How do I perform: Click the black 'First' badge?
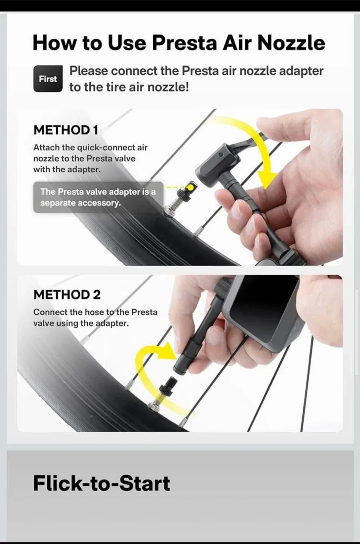(x=48, y=79)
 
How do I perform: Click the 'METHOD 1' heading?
(x=66, y=130)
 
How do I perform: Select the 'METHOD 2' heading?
(x=67, y=295)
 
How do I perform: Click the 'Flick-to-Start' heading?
(x=101, y=483)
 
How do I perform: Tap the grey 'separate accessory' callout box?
(x=98, y=197)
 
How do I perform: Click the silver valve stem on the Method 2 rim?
(x=155, y=406)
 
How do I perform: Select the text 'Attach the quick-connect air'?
(x=90, y=147)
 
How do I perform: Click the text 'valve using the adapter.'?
(x=81, y=323)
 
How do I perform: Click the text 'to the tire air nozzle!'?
(x=129, y=87)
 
